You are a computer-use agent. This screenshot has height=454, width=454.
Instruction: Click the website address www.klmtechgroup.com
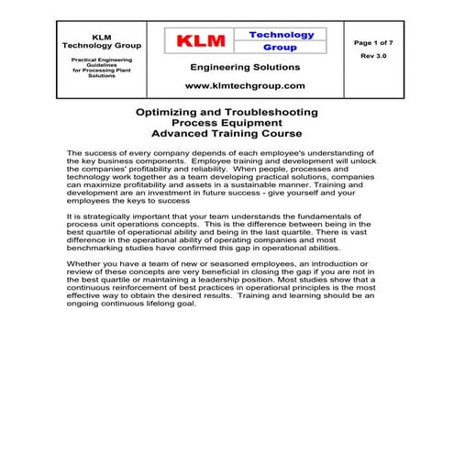[245, 85]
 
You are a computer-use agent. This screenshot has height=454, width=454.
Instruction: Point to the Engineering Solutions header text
[245, 67]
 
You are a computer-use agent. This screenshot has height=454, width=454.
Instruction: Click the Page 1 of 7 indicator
[373, 42]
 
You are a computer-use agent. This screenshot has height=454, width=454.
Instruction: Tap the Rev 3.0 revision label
[373, 56]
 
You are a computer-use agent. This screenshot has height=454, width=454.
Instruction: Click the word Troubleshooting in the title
[274, 112]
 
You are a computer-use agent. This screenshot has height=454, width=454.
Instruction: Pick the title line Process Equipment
[227, 123]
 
